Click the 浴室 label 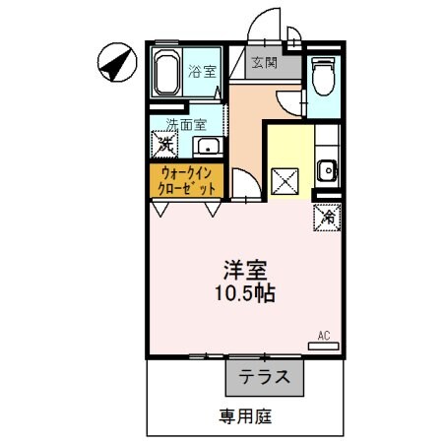[x=203, y=71]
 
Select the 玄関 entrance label [x=263, y=64]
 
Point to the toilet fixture [x=322, y=74]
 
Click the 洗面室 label [x=185, y=125]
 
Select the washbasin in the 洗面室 [x=207, y=147]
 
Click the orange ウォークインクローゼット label [x=187, y=179]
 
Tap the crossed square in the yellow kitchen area [x=285, y=181]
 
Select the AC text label [x=323, y=336]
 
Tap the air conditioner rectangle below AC [x=323, y=347]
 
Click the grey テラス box [x=265, y=375]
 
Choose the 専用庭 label [x=245, y=415]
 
